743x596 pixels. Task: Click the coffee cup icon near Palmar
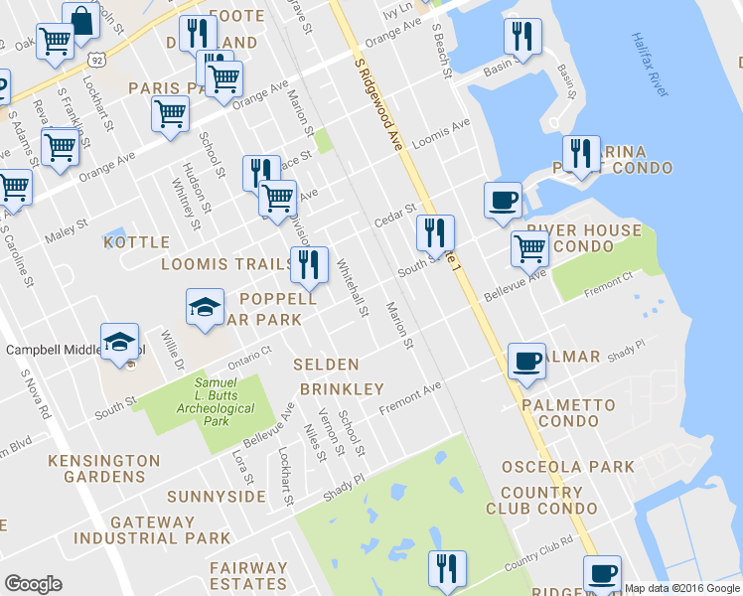[x=526, y=361]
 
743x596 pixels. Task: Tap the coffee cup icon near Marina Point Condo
[x=503, y=199]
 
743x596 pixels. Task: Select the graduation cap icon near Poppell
[x=205, y=306]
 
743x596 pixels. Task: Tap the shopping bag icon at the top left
[x=80, y=20]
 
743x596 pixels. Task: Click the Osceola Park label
[x=567, y=466]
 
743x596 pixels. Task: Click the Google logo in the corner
[x=33, y=584]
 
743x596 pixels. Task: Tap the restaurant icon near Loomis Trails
[x=308, y=264]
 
